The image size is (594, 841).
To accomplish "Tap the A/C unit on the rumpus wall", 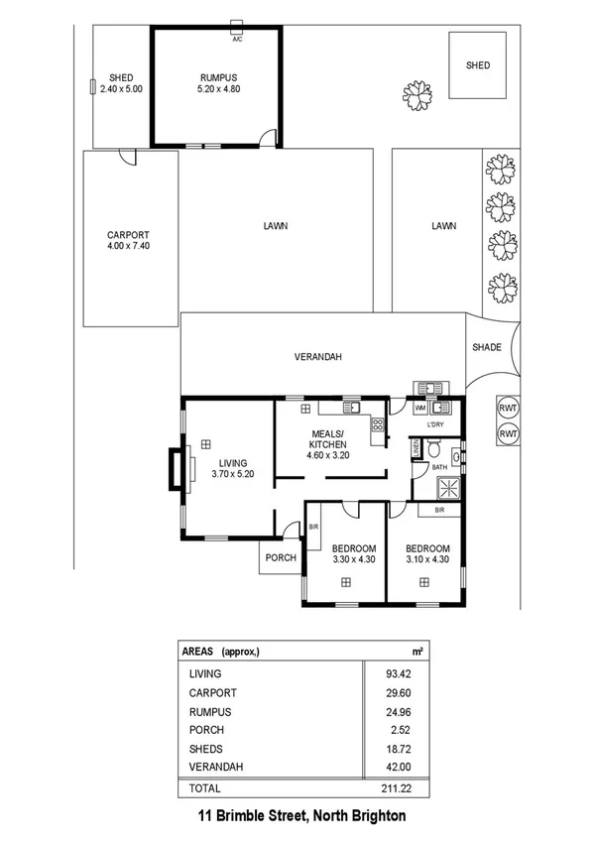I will (x=237, y=26).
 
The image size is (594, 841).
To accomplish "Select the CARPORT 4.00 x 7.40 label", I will (x=128, y=241).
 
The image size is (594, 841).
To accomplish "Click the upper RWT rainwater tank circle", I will (x=509, y=409).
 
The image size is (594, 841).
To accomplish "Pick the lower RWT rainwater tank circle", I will (x=509, y=434).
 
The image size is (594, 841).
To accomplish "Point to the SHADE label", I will (x=486, y=347).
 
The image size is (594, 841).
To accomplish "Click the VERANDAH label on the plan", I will (x=318, y=357).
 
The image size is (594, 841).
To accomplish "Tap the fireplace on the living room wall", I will (x=175, y=469).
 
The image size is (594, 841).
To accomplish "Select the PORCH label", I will (x=281, y=557).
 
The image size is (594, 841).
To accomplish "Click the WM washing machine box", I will (x=419, y=408).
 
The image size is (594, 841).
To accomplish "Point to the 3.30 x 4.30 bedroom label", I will (x=354, y=554).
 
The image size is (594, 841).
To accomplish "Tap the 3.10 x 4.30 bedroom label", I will (x=429, y=554).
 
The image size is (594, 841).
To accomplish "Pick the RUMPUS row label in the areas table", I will (x=209, y=712).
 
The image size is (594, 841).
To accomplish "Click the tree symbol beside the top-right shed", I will (x=417, y=94).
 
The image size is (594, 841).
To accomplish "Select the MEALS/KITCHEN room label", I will (x=328, y=440).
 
